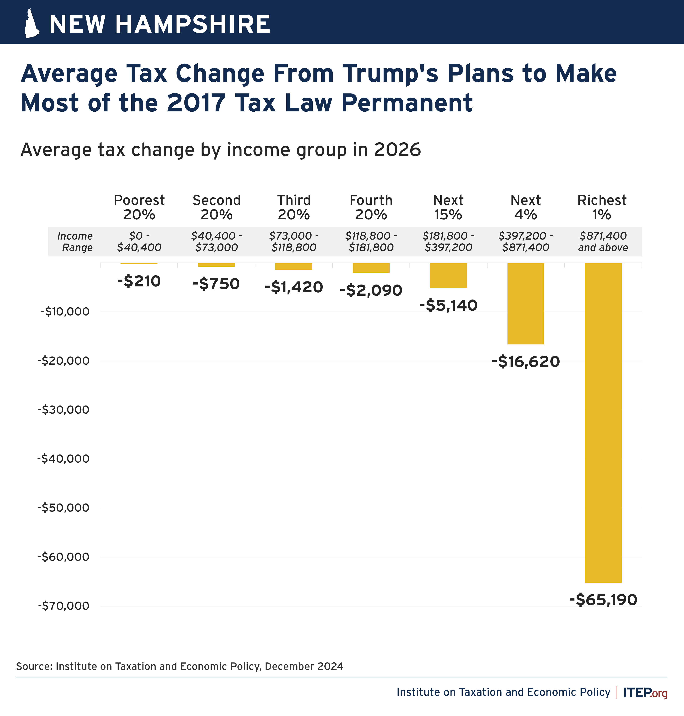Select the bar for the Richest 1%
[603, 422]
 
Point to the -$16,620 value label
[526, 362]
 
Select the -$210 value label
[139, 281]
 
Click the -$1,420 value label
[294, 287]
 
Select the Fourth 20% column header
[371, 207]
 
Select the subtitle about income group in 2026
[221, 150]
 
